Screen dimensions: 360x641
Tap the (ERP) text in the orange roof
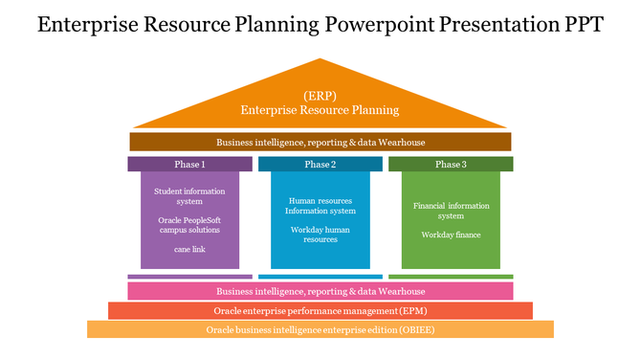[320, 96]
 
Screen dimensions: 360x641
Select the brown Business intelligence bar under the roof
[320, 142]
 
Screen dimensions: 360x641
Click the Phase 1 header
[189, 165]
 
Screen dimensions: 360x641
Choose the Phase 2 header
[320, 165]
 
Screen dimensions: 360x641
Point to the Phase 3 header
[451, 165]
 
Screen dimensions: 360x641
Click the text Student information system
[189, 196]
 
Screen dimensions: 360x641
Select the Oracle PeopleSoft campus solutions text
[189, 224]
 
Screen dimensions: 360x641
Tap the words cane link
[189, 249]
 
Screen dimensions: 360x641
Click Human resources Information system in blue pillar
[320, 206]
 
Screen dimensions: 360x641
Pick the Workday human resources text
[320, 235]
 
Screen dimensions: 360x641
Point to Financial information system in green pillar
[451, 211]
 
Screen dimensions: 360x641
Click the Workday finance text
[451, 235]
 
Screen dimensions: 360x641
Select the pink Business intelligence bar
[320, 291]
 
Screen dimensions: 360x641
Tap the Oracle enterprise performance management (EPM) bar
[320, 311]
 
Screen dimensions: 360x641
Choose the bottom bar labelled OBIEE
[320, 330]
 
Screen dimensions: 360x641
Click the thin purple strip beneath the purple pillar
[189, 277]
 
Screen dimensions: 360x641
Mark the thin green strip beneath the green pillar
[451, 277]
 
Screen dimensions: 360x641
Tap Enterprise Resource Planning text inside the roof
[320, 110]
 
